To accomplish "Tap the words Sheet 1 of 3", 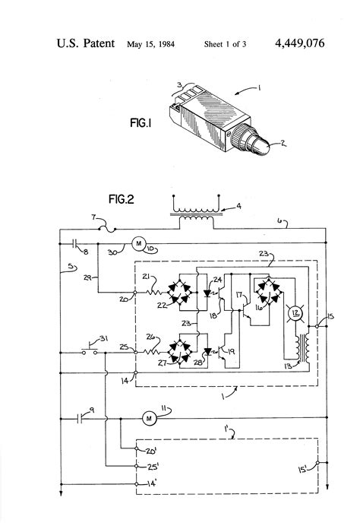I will (226, 45).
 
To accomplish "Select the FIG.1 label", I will (143, 121).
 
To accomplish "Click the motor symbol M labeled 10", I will (138, 243).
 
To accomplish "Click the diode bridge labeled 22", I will (180, 290).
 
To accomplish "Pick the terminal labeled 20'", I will (136, 448).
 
